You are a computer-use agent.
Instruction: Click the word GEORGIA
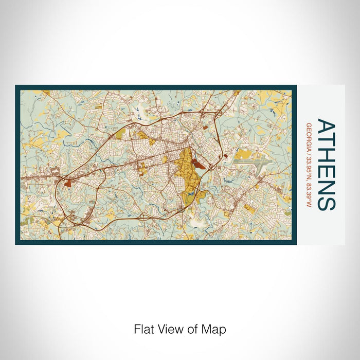coord(309,135)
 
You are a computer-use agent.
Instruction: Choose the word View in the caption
coord(169,329)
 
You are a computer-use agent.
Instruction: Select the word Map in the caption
coord(214,329)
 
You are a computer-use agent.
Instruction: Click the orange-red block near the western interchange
coord(68,182)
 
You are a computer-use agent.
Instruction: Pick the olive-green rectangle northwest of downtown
coord(120,134)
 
